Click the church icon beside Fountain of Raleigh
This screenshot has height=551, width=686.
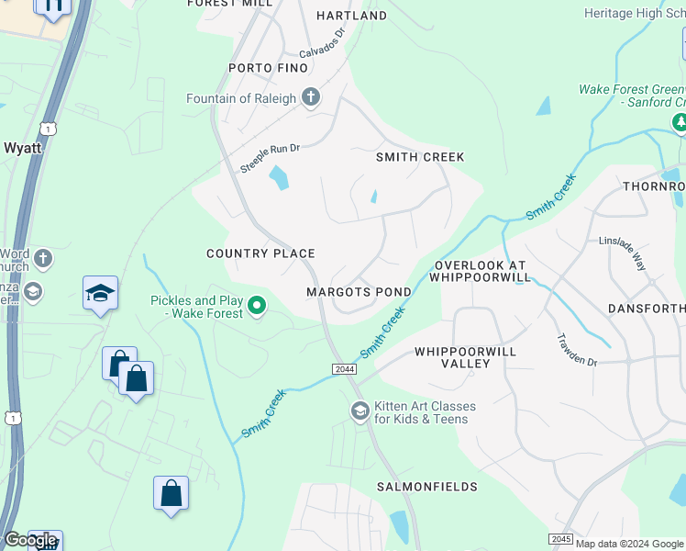tap(311, 98)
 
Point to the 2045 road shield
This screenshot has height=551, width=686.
tap(561, 538)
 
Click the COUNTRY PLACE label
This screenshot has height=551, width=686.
tap(260, 253)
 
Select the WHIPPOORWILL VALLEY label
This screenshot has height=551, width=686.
tap(465, 357)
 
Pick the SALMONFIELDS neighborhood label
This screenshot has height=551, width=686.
tap(426, 486)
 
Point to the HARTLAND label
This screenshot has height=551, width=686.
tap(351, 16)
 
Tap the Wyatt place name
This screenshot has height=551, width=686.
tap(22, 147)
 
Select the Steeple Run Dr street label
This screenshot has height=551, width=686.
tap(270, 158)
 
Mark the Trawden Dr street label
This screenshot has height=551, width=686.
tap(577, 350)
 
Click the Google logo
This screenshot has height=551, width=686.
tap(30, 541)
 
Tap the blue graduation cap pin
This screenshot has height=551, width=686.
tap(100, 293)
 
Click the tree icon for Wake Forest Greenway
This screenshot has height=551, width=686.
tap(680, 122)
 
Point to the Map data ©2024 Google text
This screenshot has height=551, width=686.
tap(629, 544)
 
